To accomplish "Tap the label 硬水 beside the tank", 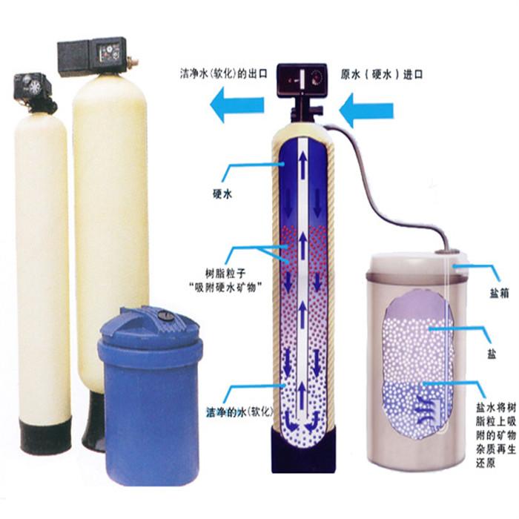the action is click(x=222, y=194).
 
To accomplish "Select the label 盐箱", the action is click(x=499, y=294).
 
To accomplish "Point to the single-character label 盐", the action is click(x=492, y=354).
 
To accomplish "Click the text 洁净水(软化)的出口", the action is click(x=224, y=73).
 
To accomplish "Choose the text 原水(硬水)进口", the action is click(x=382, y=74).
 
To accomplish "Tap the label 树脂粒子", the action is click(x=225, y=274).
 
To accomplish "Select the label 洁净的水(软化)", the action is click(x=239, y=412).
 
